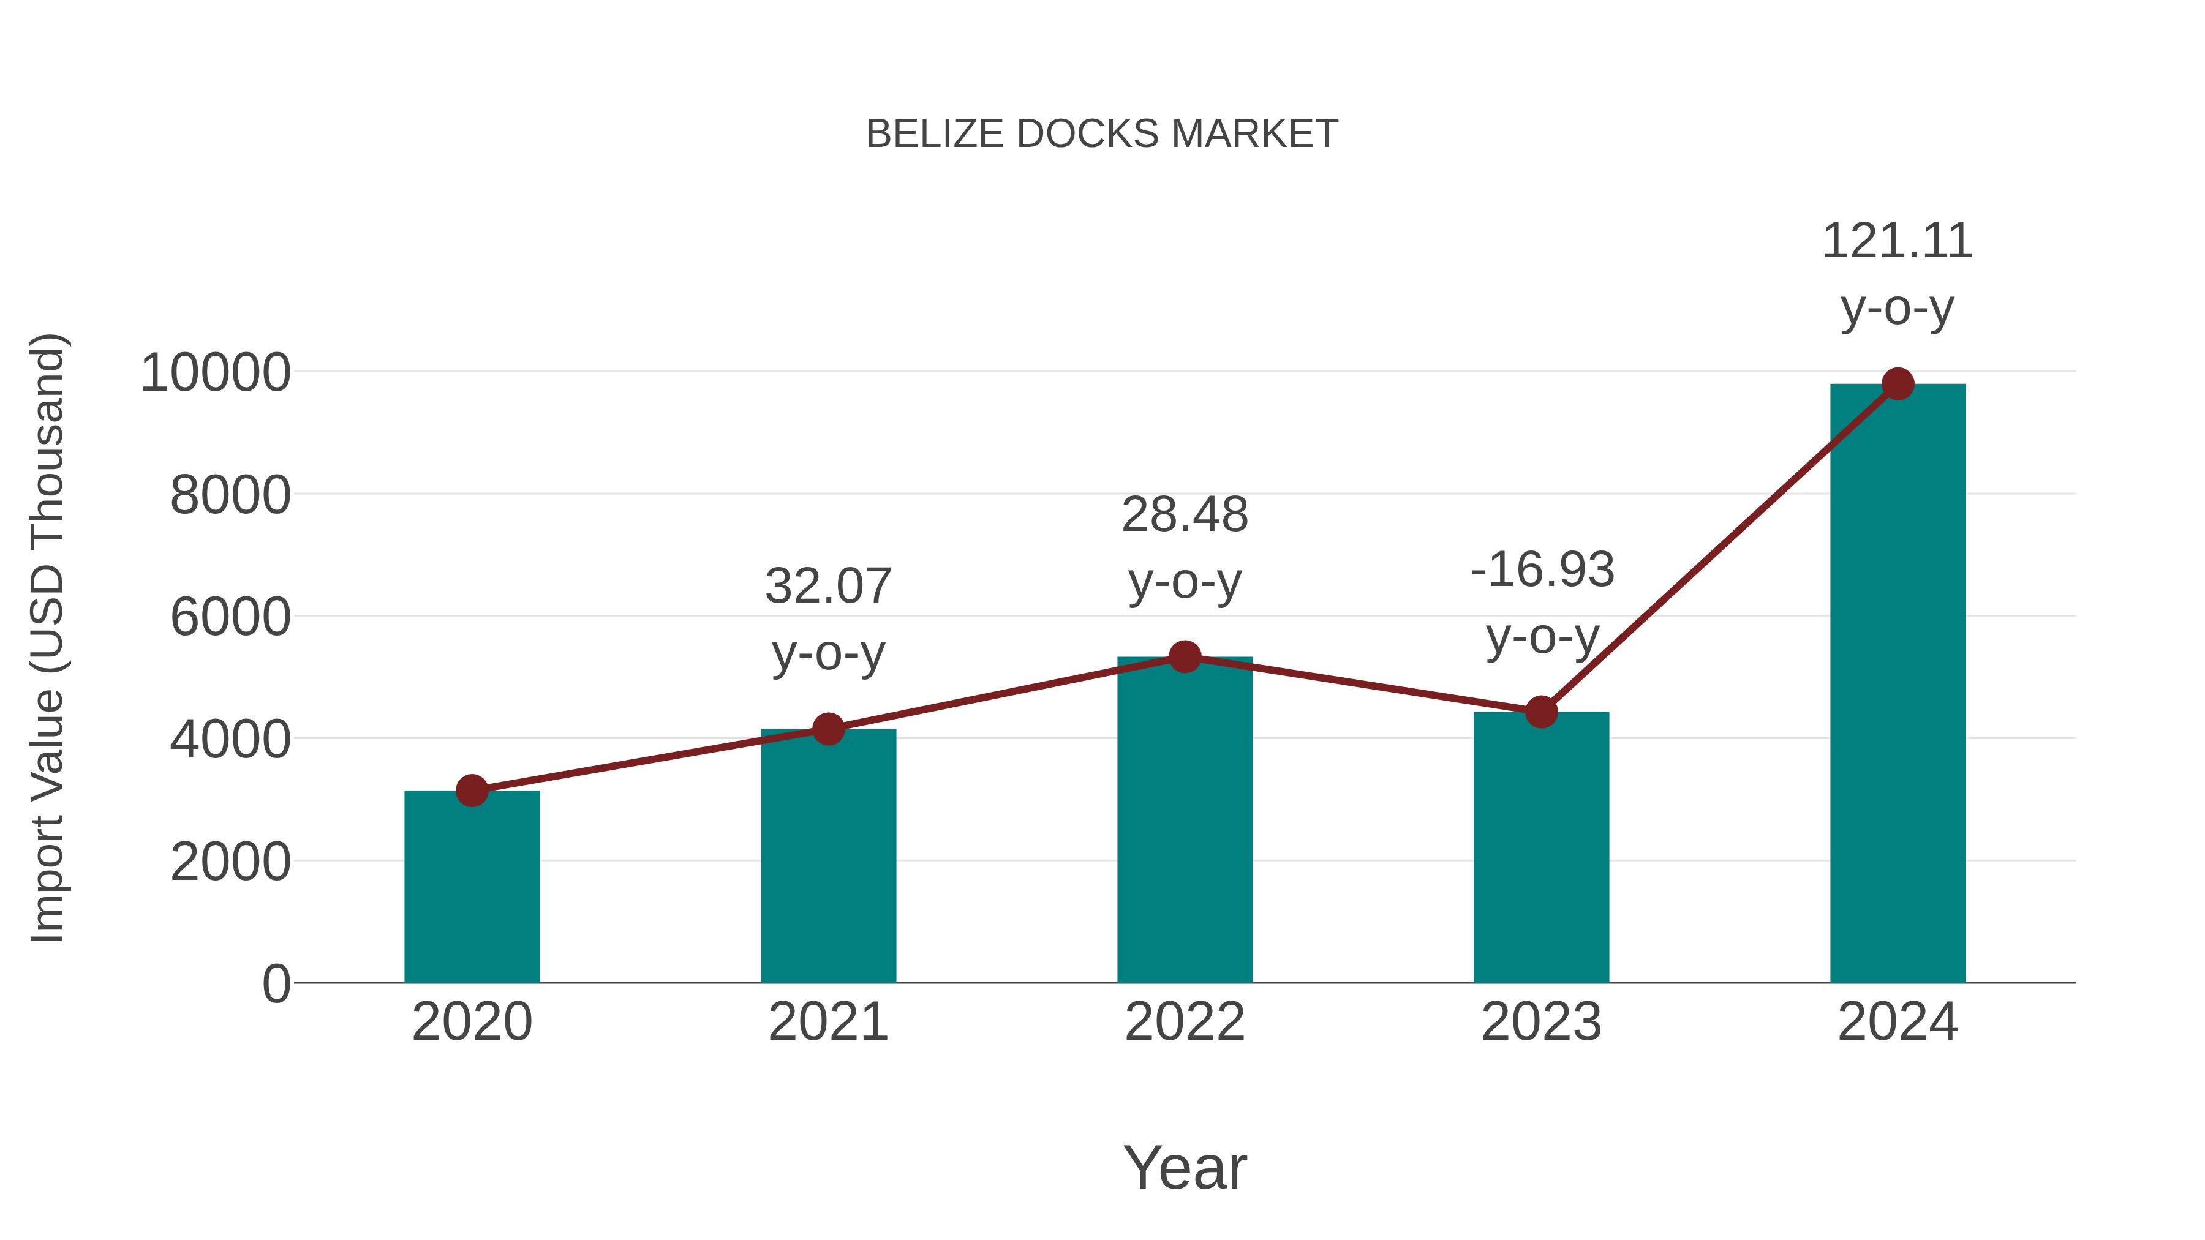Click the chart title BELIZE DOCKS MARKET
(1102, 134)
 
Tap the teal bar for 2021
(827, 856)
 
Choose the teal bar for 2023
(1541, 847)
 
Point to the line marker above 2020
(472, 791)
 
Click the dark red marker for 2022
(1185, 657)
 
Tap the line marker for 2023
(1541, 712)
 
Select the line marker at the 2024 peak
(1898, 384)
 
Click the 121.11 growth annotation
(1897, 241)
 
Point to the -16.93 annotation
(1542, 570)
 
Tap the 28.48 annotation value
(1185, 515)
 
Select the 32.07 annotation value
(827, 587)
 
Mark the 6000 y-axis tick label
(230, 617)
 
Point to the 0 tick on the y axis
(276, 983)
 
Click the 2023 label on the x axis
(1541, 1022)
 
